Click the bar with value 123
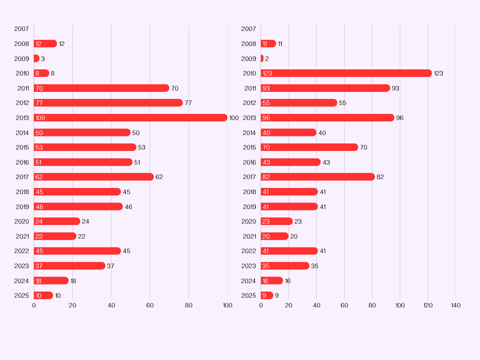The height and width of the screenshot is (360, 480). point(346,73)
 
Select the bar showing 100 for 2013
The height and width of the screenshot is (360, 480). point(130,118)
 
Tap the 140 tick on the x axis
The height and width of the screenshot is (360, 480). point(456,306)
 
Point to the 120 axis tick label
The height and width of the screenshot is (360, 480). point(427,306)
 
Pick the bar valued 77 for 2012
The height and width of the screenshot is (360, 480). point(108,103)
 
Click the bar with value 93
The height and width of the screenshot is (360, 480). point(325,88)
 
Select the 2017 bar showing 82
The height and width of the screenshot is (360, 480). point(318,177)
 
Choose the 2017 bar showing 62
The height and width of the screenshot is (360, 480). point(94,177)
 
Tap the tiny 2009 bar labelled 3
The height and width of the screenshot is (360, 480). point(37,59)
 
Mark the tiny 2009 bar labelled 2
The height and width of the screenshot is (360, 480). point(262,59)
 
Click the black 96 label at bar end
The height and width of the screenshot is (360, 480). point(400,118)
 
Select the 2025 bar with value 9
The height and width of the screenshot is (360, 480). point(267,295)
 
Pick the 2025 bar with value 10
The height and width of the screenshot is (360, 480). point(43,295)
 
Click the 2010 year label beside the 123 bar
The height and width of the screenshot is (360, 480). point(249,73)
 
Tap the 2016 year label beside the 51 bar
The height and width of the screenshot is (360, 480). point(22,162)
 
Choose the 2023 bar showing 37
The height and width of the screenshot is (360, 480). point(69,266)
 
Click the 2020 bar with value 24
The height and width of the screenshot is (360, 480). point(57,221)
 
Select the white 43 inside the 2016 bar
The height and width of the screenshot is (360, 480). point(266,162)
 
